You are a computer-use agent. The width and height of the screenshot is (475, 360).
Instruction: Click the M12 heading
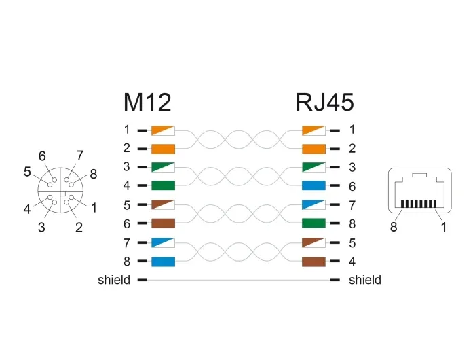point(147,102)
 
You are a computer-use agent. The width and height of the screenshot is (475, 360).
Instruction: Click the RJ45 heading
point(324,102)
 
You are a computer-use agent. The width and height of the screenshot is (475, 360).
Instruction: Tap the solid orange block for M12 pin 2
point(163,149)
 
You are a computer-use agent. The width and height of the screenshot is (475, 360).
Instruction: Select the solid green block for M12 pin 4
point(163,185)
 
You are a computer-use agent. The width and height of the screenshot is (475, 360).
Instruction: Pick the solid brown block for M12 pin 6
point(163,223)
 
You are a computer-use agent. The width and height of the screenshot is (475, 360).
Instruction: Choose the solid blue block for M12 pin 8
point(163,262)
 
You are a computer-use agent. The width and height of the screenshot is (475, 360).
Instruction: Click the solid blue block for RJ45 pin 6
point(313,185)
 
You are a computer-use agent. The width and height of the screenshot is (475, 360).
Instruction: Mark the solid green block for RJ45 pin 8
point(313,223)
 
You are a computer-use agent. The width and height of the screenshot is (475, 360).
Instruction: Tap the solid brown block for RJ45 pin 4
point(313,262)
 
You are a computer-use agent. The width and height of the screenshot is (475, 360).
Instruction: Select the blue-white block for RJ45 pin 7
point(313,204)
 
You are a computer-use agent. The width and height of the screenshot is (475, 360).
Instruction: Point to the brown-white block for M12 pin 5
point(163,204)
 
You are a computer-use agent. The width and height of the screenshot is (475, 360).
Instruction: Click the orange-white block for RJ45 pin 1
point(313,130)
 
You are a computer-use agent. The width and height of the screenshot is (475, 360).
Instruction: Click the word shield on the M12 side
point(114,280)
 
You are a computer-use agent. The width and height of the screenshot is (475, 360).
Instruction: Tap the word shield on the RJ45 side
point(365,280)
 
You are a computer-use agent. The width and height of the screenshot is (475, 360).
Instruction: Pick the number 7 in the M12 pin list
point(127,243)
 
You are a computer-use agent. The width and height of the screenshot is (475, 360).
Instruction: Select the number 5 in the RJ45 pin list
point(352,243)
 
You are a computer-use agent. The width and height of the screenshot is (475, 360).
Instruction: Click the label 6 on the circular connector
point(42,156)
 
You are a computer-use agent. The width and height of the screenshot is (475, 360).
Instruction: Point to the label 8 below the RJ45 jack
point(394,227)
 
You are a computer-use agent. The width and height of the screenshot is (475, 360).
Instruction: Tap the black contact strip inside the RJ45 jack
point(419,204)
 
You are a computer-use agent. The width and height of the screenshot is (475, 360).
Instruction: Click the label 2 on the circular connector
point(79,227)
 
